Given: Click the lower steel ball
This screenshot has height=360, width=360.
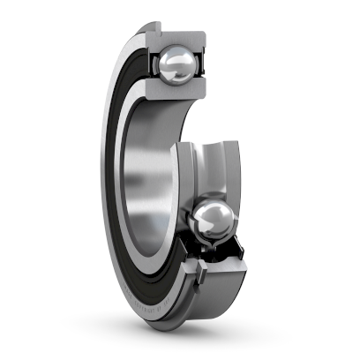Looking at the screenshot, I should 212,222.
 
